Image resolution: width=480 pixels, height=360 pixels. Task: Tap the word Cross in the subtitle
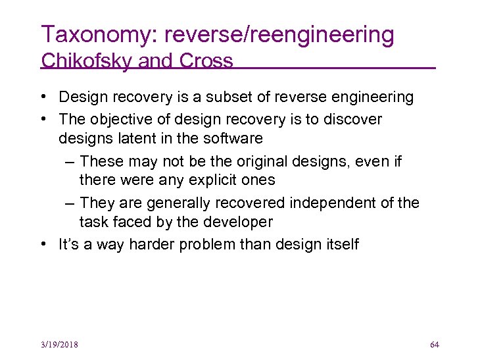point(207,61)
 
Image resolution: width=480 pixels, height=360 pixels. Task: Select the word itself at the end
point(343,244)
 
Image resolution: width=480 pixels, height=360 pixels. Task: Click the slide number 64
point(434,345)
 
